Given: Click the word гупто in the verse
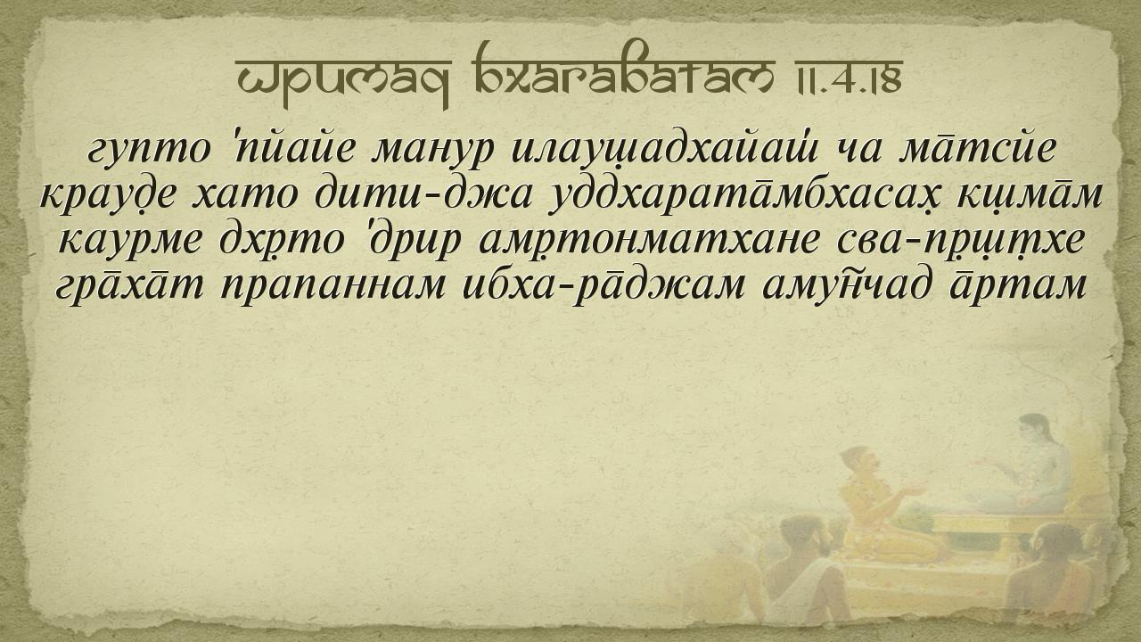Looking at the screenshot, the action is [149, 151].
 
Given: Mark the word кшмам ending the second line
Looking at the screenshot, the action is [1030, 195].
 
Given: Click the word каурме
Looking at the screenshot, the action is [131, 241].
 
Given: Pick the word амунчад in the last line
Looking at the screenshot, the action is [841, 285].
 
